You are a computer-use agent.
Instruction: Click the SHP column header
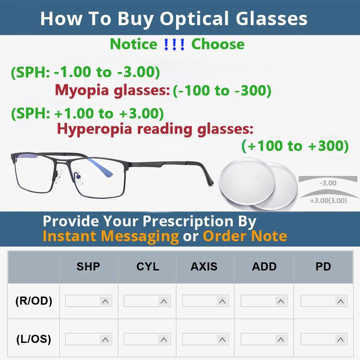click(x=88, y=266)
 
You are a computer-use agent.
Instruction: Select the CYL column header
click(x=148, y=266)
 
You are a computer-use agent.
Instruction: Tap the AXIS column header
click(x=204, y=266)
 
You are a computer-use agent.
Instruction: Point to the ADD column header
click(x=264, y=266)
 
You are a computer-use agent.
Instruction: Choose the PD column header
click(x=323, y=266)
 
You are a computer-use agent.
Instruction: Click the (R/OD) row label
click(x=34, y=301)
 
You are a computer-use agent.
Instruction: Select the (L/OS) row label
click(x=34, y=339)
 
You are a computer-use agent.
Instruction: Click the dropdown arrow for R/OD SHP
click(x=105, y=301)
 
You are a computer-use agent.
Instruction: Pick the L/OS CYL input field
click(x=141, y=339)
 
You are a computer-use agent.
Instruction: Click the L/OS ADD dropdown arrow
click(x=281, y=339)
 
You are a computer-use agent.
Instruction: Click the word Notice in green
click(x=134, y=44)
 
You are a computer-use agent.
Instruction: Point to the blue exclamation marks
click(x=174, y=44)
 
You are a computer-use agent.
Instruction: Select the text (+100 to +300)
click(x=295, y=146)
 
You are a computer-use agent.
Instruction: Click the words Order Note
click(x=245, y=236)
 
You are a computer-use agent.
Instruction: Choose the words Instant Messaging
click(x=111, y=236)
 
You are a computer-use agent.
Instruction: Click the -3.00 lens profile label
click(x=328, y=183)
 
